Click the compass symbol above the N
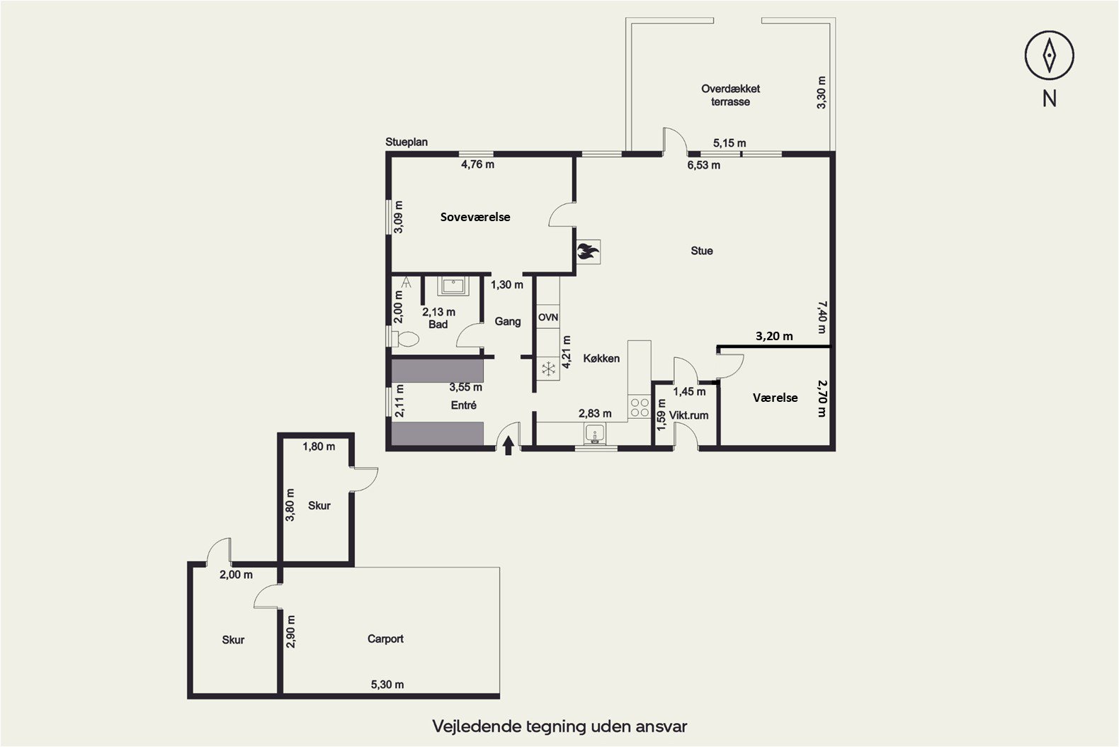1049,55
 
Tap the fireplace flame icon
588,251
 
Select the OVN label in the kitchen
548,318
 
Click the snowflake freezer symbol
548,369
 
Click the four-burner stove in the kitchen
640,407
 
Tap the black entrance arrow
508,446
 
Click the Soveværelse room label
475,217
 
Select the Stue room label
702,250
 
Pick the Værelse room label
775,398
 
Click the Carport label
385,639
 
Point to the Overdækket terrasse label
730,95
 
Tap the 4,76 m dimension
477,164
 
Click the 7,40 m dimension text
822,317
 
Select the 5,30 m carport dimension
387,685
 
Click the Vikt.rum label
688,415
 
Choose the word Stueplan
406,142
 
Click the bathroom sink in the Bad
453,286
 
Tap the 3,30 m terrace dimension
822,93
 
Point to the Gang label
508,322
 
